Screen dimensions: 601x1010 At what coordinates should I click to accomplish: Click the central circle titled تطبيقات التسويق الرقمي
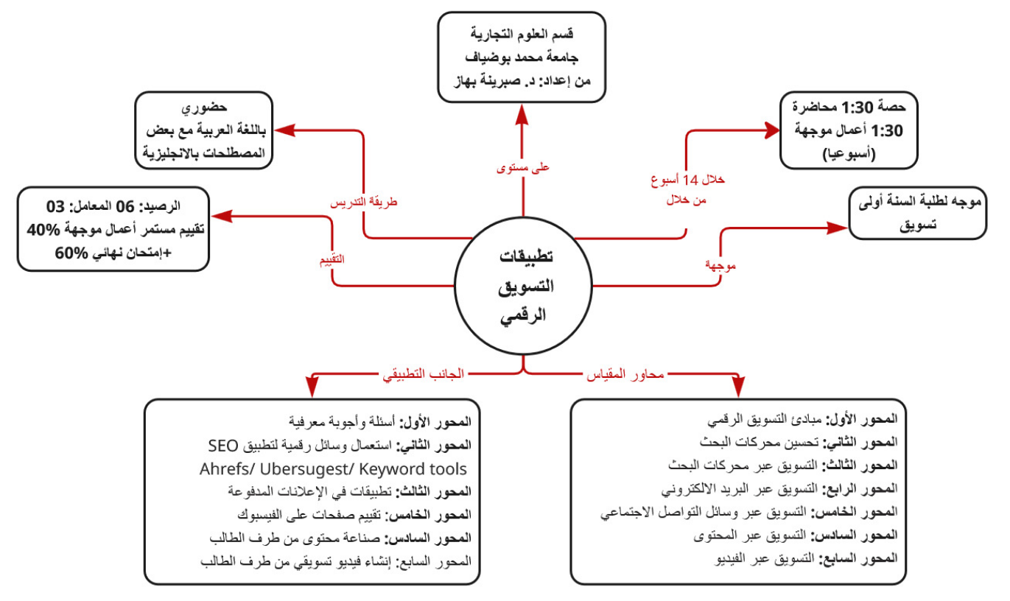click(523, 287)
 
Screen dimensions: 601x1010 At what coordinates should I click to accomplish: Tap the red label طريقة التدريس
click(362, 201)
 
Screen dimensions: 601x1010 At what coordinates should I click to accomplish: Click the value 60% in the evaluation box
click(72, 253)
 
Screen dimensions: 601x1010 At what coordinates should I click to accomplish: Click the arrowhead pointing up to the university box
click(522, 110)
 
